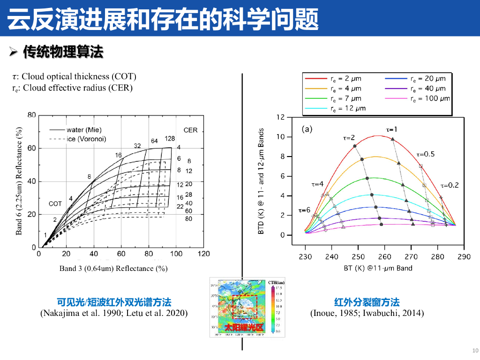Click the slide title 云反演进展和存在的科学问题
[163, 19]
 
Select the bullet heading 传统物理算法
[63, 52]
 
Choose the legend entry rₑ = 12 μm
[348, 108]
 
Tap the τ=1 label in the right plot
[391, 129]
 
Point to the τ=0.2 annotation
[450, 185]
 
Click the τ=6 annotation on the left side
[305, 210]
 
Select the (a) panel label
[307, 128]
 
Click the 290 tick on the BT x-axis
[464, 256]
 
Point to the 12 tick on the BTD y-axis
[280, 117]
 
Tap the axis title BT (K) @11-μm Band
[377, 268]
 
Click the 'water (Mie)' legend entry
[80, 130]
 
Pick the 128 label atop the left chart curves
[170, 139]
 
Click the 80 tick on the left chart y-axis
[31, 115]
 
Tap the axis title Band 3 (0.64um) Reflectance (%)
[113, 269]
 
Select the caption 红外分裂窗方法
[367, 302]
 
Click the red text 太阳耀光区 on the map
[244, 328]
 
